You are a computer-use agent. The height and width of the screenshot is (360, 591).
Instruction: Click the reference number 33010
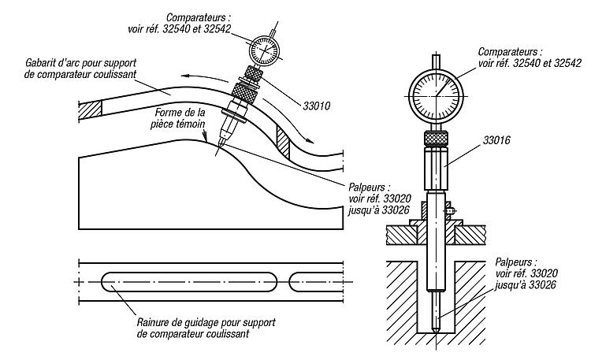[x=317, y=106]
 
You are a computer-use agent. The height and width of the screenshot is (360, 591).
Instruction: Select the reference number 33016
[x=496, y=140]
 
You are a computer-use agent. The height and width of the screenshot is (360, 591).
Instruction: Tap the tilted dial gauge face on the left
[x=266, y=50]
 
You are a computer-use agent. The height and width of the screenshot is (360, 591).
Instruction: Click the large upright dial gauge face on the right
[x=437, y=97]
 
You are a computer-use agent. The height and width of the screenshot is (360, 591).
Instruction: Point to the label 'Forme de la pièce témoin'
[x=179, y=118]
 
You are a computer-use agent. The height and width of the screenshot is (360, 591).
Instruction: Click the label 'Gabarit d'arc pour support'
[x=81, y=62]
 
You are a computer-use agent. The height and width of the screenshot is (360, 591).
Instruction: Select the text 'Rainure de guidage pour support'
[x=206, y=323]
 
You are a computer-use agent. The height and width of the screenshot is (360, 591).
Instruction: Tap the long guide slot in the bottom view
[x=189, y=281]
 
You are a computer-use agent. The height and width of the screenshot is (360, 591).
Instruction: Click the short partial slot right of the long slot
[x=316, y=281]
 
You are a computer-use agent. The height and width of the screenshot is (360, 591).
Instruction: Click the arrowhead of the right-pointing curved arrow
[x=310, y=140]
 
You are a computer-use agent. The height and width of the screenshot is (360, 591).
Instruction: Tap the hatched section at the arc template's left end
[x=90, y=110]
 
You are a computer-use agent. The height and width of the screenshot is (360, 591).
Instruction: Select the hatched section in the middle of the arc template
[x=283, y=142]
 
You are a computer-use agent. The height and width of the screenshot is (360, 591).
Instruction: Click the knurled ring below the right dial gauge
[x=437, y=139]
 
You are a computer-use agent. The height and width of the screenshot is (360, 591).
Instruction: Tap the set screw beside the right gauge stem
[x=450, y=211]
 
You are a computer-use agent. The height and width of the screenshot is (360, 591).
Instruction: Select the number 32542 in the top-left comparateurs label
[x=217, y=29]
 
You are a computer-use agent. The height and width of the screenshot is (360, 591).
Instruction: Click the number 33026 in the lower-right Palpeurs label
[x=542, y=284]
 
